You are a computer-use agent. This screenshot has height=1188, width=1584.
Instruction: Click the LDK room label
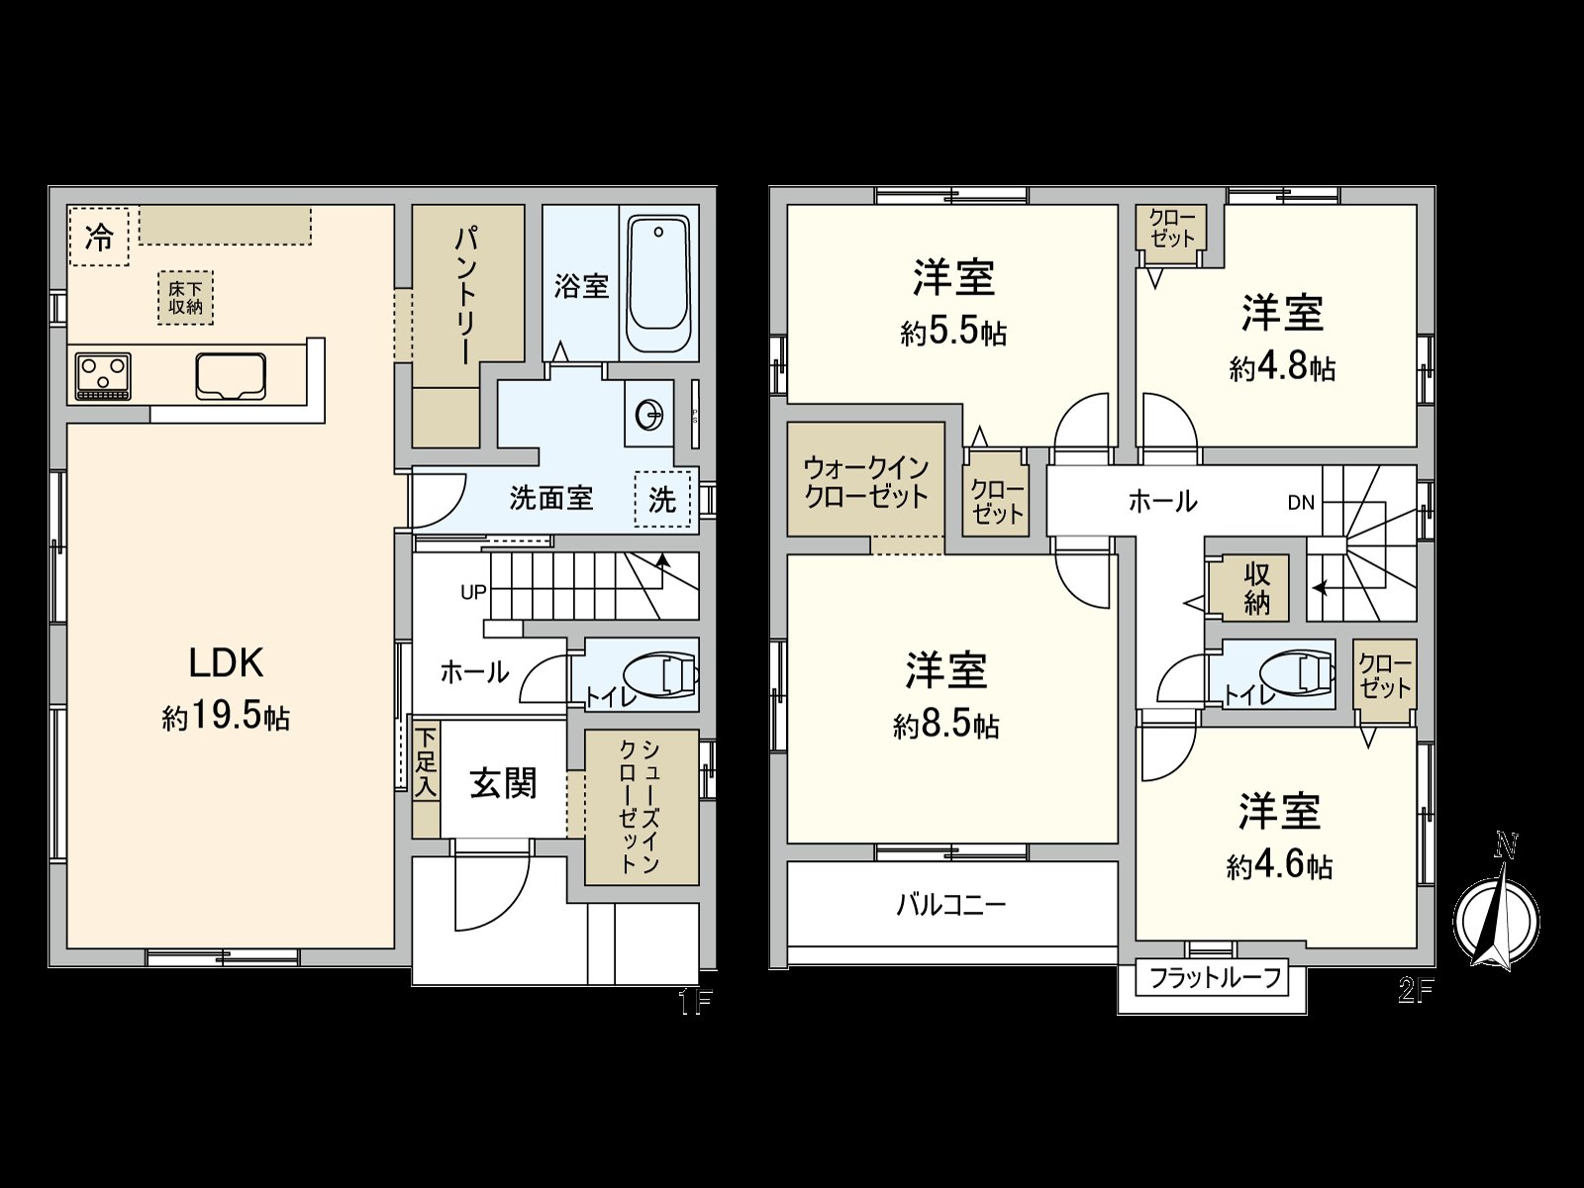click(226, 662)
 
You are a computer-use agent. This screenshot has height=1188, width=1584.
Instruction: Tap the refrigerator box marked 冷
click(99, 237)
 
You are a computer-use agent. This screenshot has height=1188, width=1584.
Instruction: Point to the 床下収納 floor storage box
click(185, 297)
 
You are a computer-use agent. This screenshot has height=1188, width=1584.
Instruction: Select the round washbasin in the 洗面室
click(648, 415)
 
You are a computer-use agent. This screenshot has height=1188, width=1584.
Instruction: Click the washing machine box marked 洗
click(661, 499)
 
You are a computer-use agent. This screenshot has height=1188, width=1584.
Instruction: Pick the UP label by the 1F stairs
click(473, 592)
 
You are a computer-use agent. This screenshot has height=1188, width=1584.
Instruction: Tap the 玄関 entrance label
click(503, 783)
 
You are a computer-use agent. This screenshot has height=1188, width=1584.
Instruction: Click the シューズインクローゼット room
click(641, 807)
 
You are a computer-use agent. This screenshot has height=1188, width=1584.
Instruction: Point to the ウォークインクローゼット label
click(865, 481)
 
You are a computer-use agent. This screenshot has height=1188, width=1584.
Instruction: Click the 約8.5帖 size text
click(945, 726)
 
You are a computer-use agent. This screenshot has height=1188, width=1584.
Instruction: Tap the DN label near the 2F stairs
click(1301, 503)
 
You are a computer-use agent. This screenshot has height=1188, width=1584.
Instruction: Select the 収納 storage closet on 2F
click(1256, 587)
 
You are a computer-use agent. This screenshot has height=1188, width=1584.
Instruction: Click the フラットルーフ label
click(1215, 978)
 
